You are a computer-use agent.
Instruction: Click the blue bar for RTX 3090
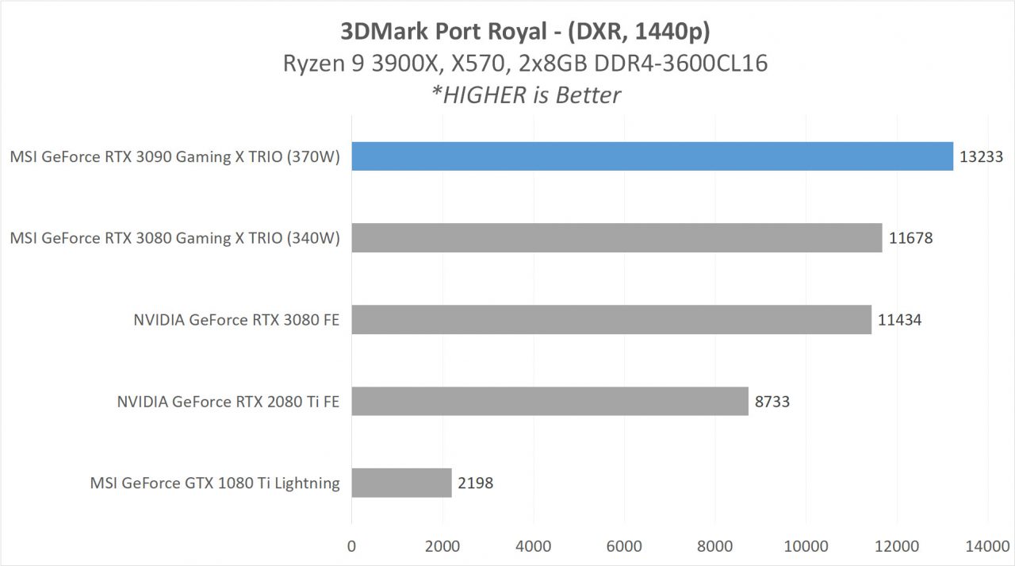coord(652,156)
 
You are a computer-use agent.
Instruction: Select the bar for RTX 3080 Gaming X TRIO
coord(616,237)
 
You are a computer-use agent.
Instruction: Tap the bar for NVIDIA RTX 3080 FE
coord(611,319)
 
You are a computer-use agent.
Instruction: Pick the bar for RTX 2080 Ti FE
coord(550,401)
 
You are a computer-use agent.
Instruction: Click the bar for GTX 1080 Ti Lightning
coord(401,483)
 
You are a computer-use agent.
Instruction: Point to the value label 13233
coord(982,157)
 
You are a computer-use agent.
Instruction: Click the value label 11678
coord(910,238)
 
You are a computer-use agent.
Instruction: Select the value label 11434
coord(900,320)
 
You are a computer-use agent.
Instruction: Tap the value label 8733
coord(772,402)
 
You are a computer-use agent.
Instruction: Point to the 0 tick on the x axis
coord(352,545)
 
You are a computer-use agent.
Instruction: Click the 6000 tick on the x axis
coord(624,545)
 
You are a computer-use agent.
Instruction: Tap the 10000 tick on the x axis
coord(806,545)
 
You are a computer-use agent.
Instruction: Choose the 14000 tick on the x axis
coord(987,545)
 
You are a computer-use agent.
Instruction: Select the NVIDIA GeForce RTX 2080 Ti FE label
coord(228,402)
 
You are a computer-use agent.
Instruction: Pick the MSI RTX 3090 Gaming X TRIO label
coord(174,157)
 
